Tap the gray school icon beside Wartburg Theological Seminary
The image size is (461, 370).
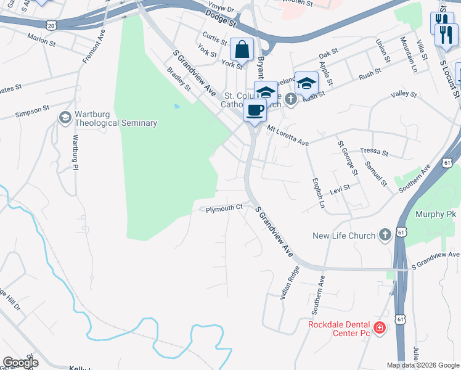click(65, 117)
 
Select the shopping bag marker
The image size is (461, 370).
click(243, 49)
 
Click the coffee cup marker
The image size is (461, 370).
click(255, 110)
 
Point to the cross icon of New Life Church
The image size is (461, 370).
click(385, 235)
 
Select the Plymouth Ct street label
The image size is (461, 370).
click(224, 209)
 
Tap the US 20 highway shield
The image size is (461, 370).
click(52, 25)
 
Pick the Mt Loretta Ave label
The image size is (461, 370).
click(287, 135)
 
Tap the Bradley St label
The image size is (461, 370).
click(179, 78)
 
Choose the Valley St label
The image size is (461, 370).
click(404, 96)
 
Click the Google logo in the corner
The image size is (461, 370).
click(20, 363)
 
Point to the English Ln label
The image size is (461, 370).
click(317, 193)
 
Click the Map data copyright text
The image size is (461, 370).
click(423, 365)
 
